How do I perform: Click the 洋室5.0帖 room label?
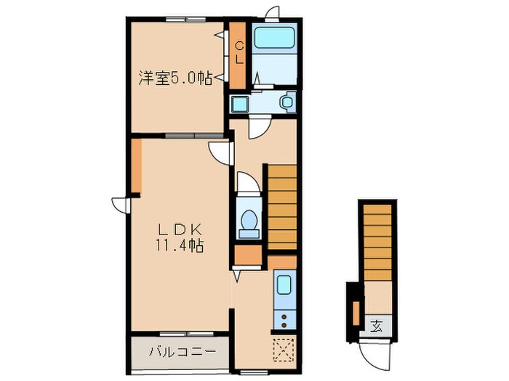175,78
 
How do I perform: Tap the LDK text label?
180,230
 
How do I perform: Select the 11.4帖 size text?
180,245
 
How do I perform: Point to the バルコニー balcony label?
183,351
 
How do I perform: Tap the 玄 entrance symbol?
377,326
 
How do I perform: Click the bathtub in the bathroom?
275,38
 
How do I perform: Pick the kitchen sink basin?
284,285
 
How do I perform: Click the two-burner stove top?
285,319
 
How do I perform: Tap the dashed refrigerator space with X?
284,350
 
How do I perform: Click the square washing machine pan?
240,104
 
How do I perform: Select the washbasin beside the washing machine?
287,102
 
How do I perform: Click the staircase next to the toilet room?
282,208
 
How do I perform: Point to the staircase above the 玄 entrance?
377,242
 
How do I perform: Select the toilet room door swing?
249,183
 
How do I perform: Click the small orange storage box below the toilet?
249,255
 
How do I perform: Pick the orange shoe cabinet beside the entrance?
356,314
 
